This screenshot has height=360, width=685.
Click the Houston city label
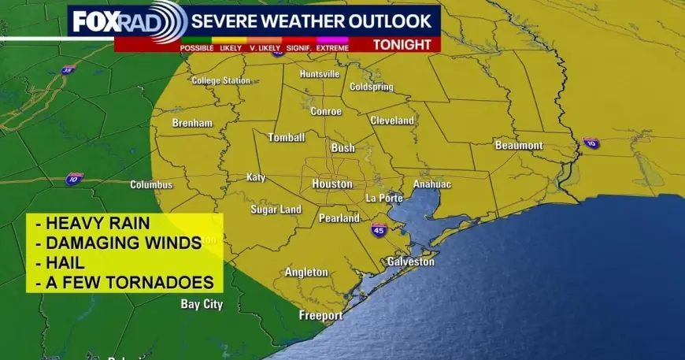click(x=331, y=184)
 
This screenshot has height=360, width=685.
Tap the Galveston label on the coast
click(x=410, y=262)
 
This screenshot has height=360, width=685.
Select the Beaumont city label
click(x=519, y=146)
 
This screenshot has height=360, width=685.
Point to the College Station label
click(x=220, y=80)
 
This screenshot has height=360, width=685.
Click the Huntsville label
click(x=320, y=74)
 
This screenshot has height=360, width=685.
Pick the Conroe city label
click(x=326, y=111)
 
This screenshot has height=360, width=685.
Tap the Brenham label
click(x=193, y=123)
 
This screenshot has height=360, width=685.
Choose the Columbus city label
click(x=151, y=184)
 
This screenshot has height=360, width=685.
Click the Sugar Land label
click(x=276, y=210)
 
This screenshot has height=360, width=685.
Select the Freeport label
click(x=320, y=316)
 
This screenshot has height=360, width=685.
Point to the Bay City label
click(x=202, y=303)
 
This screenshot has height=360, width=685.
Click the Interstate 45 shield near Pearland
click(x=379, y=230)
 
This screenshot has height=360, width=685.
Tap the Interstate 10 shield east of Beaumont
click(x=591, y=143)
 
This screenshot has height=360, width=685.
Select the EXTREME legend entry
click(x=334, y=48)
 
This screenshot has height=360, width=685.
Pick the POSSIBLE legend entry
click(x=197, y=48)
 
